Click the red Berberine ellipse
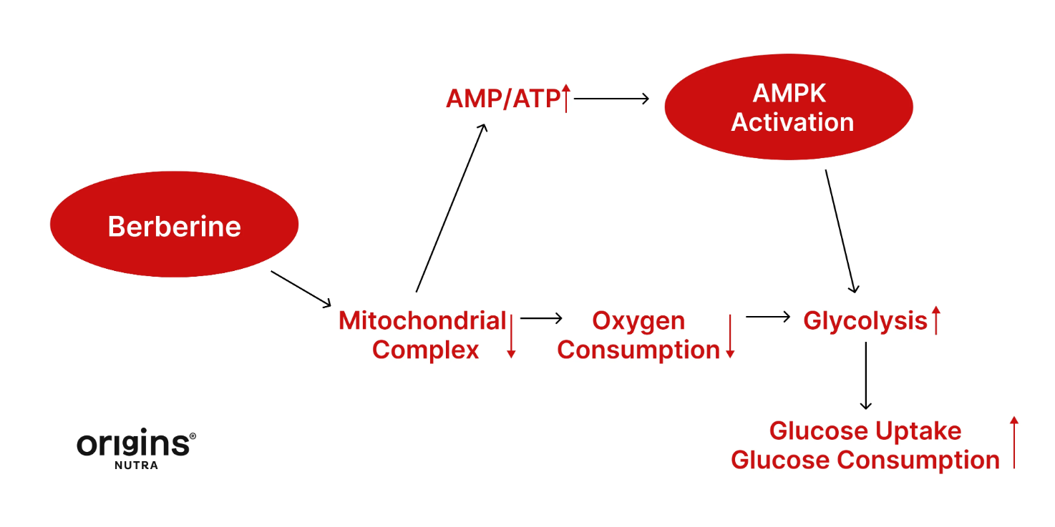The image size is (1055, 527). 174,225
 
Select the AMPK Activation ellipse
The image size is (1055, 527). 789,107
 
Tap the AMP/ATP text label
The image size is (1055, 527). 502,99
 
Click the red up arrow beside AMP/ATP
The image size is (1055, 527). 565,98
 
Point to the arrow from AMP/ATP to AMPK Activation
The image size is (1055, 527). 611,99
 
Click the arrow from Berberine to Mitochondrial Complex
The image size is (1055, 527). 301,288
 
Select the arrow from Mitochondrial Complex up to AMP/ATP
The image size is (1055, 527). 451,208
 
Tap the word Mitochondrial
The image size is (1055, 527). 422,321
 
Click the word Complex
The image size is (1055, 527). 425,350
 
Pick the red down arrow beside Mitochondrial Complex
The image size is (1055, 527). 511,335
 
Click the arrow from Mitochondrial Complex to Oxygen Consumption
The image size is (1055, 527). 541,318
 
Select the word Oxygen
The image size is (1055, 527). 638,321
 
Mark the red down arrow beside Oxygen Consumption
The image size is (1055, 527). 730,335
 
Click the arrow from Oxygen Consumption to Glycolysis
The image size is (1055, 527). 767,317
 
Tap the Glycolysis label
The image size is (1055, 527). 865,321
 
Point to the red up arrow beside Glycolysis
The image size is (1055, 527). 935,320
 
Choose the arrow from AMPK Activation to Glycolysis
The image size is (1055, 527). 840,231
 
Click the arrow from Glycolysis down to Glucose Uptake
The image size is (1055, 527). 866,375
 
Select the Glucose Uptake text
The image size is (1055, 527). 865,431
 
